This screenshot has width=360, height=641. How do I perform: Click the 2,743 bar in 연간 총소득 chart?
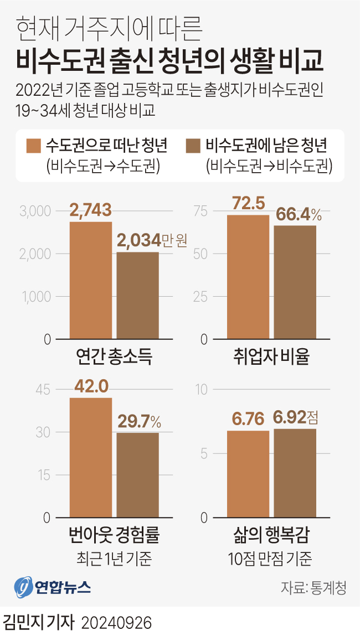[91, 280]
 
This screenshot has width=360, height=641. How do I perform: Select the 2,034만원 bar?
[137, 295]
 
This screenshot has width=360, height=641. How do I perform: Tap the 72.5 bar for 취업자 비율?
[248, 277]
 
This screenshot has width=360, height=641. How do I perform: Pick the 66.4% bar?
[295, 282]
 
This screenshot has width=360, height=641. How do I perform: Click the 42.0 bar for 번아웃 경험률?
[91, 457]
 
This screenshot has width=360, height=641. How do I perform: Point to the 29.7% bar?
[137, 475]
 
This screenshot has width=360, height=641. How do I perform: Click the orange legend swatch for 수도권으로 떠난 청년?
[34, 146]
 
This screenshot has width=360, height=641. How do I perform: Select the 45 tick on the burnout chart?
[43, 390]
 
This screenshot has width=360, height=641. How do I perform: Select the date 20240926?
[116, 624]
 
